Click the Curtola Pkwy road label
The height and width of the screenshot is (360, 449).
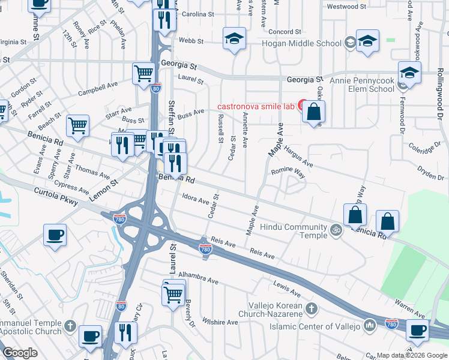(x=57, y=199)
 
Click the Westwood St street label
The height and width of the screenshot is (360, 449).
(x=346, y=7)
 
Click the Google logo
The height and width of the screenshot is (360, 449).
(x=20, y=353)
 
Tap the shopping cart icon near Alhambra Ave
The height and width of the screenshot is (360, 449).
(x=173, y=294)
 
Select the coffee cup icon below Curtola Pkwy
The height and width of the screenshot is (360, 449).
(x=55, y=235)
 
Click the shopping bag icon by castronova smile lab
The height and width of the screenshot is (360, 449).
(x=313, y=112)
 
